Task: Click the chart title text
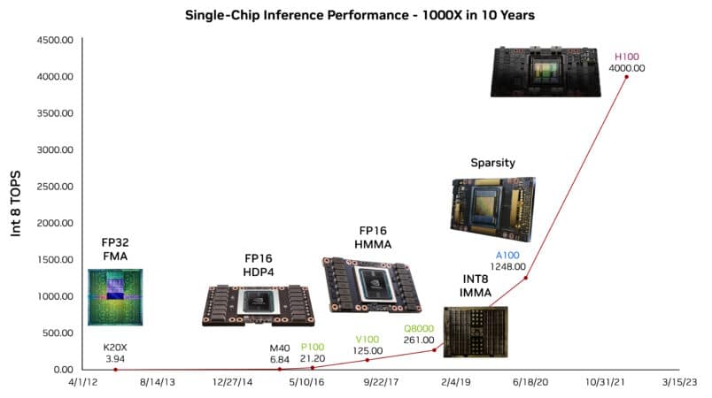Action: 355,15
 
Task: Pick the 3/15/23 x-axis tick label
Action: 677,381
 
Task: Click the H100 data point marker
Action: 626,77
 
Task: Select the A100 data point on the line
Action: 525,278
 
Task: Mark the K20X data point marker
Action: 115,370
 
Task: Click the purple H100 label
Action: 626,55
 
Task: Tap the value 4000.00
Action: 626,66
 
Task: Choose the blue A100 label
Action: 507,256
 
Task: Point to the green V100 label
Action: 368,339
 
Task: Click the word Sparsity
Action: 493,163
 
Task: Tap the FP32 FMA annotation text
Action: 115,249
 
